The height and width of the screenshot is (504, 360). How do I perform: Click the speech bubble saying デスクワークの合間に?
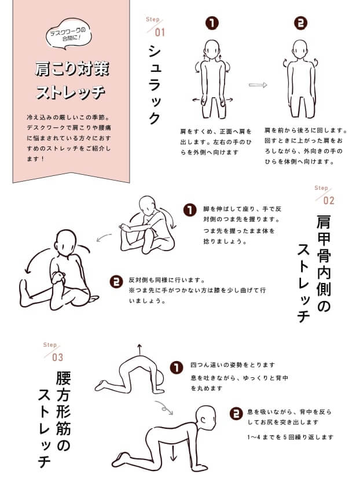coord(68,34)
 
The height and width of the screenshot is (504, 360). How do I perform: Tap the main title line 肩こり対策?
coord(72,69)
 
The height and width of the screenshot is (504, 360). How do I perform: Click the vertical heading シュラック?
coord(155,84)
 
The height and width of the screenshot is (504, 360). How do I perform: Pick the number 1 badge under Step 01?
coord(212,23)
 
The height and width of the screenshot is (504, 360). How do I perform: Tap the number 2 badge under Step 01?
coord(300,23)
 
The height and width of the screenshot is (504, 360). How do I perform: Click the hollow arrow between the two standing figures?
coord(258,85)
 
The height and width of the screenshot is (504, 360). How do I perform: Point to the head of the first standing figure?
coord(212,49)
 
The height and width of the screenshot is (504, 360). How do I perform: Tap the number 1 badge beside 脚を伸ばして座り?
coord(190,211)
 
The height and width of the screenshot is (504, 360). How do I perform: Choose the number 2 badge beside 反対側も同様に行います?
coord(116,282)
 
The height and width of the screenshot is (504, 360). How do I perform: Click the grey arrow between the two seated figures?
coord(104,237)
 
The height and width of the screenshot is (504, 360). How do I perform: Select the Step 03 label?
coord(54,352)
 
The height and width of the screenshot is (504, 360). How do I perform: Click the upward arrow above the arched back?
coord(139,350)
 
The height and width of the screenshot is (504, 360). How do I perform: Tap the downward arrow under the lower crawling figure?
coord(173,453)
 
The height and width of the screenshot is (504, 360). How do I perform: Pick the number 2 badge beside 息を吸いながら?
coord(236,414)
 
